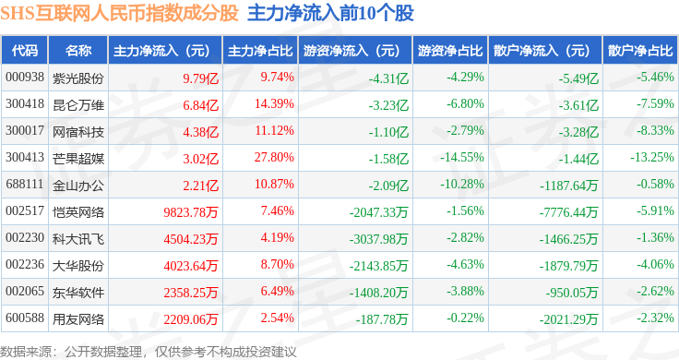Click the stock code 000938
[x=25, y=78]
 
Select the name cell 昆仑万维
[x=78, y=105]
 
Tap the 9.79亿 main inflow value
[x=200, y=78]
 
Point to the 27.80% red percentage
[x=274, y=157]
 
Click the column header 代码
[x=25, y=51]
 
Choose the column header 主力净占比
[x=260, y=51]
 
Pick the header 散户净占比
[x=640, y=51]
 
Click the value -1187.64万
[x=568, y=186]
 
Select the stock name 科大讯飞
[x=78, y=239]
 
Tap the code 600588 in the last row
[x=25, y=318]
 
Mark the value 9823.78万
[x=191, y=211]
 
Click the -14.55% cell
[x=462, y=157]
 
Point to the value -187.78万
[x=382, y=319]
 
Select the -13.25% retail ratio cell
[x=652, y=157]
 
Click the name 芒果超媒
[x=78, y=159]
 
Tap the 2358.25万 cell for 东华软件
[x=191, y=293]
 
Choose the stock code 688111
[x=25, y=184]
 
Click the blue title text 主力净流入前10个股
[x=330, y=13]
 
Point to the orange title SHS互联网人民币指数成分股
[x=120, y=13]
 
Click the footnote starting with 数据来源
[x=149, y=352]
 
